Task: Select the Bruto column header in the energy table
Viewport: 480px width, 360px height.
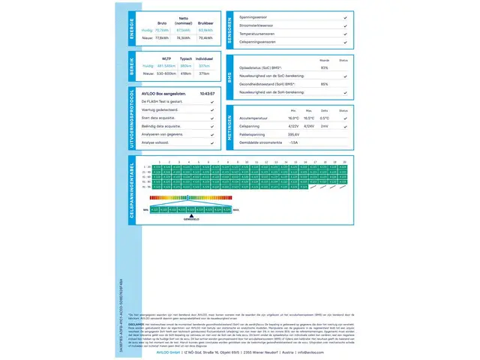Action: click(161, 23)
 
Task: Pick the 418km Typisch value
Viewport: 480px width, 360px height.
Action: click(186, 73)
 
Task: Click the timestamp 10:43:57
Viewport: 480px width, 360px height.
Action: click(207, 94)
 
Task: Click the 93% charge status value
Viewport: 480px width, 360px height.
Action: click(324, 67)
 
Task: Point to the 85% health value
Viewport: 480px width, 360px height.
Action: click(324, 84)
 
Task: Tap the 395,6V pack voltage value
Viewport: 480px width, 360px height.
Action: click(293, 134)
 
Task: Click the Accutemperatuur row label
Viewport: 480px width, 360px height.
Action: click(254, 118)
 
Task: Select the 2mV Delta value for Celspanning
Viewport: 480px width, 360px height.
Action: click(324, 126)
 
